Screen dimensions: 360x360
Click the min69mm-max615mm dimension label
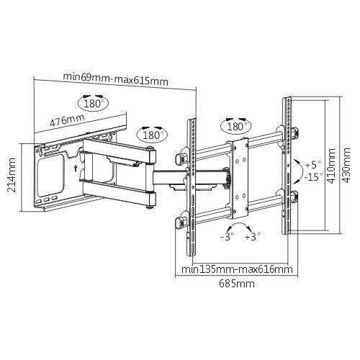click(x=115, y=79)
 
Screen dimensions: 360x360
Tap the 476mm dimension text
click(x=67, y=120)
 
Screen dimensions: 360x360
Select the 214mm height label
click(x=12, y=175)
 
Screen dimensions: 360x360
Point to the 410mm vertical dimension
click(x=332, y=166)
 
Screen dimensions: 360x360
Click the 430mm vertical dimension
click(x=346, y=166)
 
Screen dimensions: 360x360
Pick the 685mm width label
click(x=237, y=284)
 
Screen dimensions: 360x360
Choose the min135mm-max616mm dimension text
click(x=237, y=269)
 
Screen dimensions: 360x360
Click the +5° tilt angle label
click(x=312, y=165)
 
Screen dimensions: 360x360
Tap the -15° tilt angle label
click(x=314, y=177)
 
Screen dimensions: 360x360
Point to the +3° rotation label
click(x=253, y=237)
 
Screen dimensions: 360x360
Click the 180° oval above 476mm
click(x=93, y=103)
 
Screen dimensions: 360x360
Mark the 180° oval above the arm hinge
click(x=152, y=135)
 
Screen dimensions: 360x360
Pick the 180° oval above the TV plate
click(x=235, y=126)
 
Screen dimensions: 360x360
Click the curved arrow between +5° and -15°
click(x=301, y=171)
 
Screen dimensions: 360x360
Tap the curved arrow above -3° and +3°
click(x=239, y=223)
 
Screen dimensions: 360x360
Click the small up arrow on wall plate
click(x=75, y=168)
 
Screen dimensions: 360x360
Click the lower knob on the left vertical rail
click(x=179, y=223)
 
